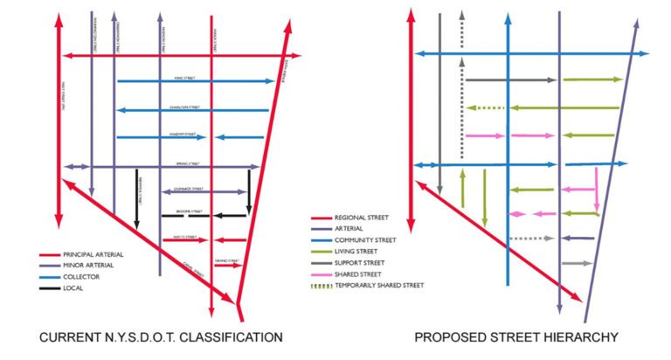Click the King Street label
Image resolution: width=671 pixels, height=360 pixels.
184,78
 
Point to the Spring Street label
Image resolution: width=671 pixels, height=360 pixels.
188,163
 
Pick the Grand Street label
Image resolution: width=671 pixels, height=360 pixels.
225,260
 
